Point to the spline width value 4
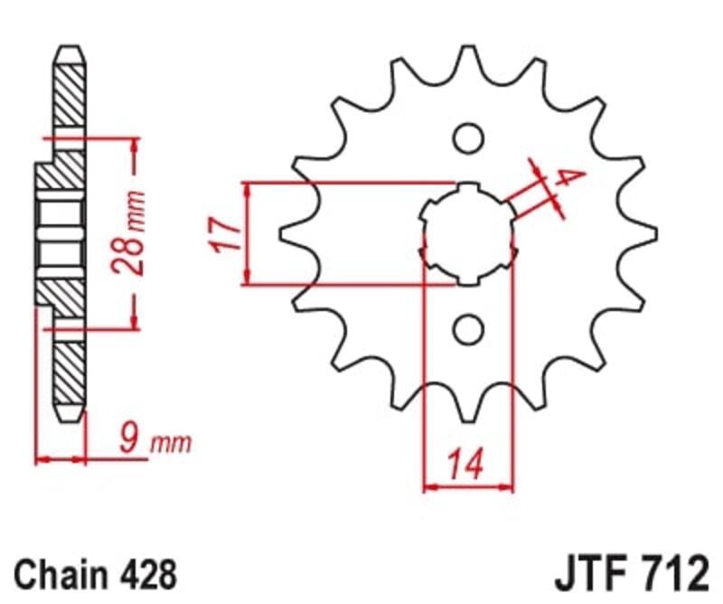(x=566, y=178)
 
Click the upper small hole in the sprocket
(x=468, y=138)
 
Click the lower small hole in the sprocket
(x=468, y=330)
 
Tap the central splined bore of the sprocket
(x=468, y=234)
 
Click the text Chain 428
(x=95, y=573)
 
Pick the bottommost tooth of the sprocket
(x=468, y=407)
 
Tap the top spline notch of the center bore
(x=468, y=189)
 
